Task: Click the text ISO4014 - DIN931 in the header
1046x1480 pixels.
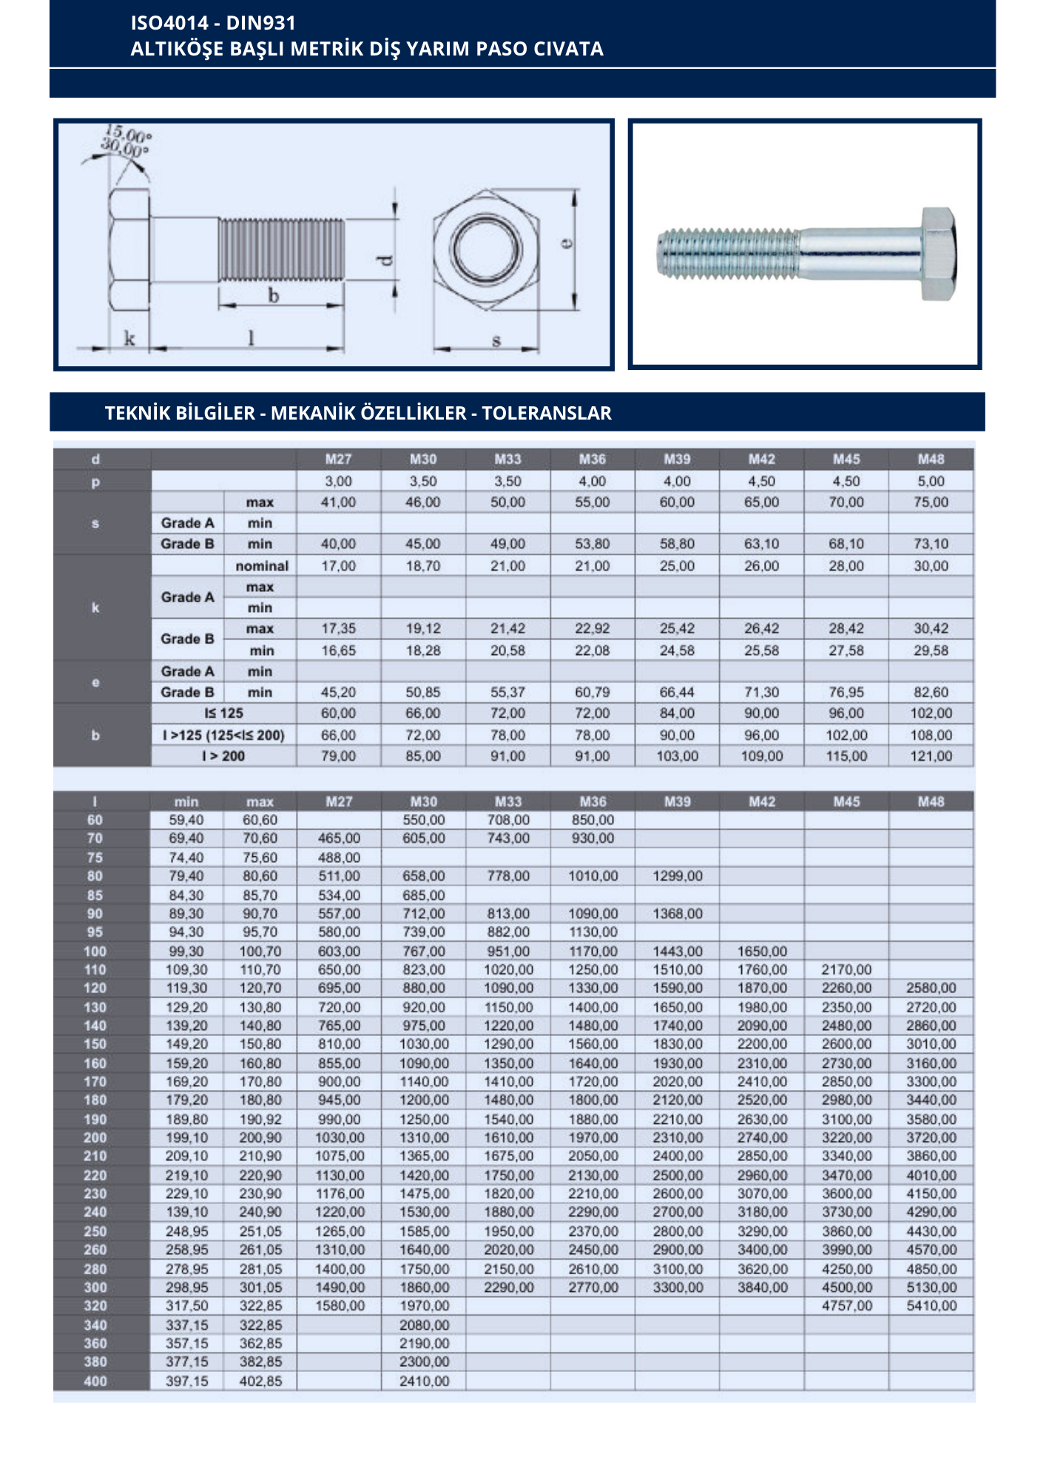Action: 213,23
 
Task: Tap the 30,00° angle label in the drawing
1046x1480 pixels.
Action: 125,147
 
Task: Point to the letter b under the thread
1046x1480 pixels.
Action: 274,296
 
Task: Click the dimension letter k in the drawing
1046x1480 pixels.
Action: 129,339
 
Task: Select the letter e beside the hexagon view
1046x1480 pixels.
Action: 567,243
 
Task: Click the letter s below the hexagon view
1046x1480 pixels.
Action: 496,340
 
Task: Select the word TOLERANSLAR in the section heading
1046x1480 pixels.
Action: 547,413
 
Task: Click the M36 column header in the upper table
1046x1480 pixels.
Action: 593,460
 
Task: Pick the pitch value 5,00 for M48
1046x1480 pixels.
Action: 931,481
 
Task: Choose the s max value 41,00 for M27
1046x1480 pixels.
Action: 338,502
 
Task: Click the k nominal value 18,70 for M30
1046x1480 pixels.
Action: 423,566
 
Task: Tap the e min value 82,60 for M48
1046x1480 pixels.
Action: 931,693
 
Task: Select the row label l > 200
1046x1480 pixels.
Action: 223,756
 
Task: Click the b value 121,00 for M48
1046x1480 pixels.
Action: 931,756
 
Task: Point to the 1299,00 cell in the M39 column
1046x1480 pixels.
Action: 678,876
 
